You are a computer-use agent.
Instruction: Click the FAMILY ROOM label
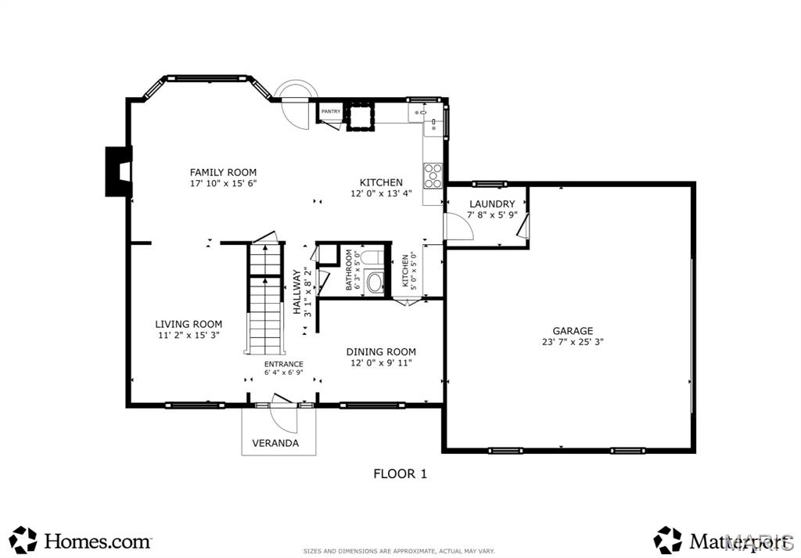coord(223,172)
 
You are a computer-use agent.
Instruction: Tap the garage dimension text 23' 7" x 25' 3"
coord(572,342)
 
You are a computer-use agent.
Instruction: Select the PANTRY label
coord(330,112)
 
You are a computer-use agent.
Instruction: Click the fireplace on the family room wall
coord(118,171)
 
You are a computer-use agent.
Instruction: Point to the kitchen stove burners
coord(433,175)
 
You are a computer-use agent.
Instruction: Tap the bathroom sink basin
coord(375,282)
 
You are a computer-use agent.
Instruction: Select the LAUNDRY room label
coord(491,203)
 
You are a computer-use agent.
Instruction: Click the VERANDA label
coord(275,443)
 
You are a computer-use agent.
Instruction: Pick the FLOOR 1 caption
coord(400,473)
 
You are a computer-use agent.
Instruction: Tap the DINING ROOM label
coord(381,352)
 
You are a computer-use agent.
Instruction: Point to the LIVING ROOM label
coord(189,324)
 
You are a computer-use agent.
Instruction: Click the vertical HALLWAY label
coord(297,292)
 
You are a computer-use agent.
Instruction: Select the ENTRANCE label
coord(283,364)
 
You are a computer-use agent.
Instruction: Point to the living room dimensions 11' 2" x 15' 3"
coord(189,335)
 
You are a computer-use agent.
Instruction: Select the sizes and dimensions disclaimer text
coord(399,550)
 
